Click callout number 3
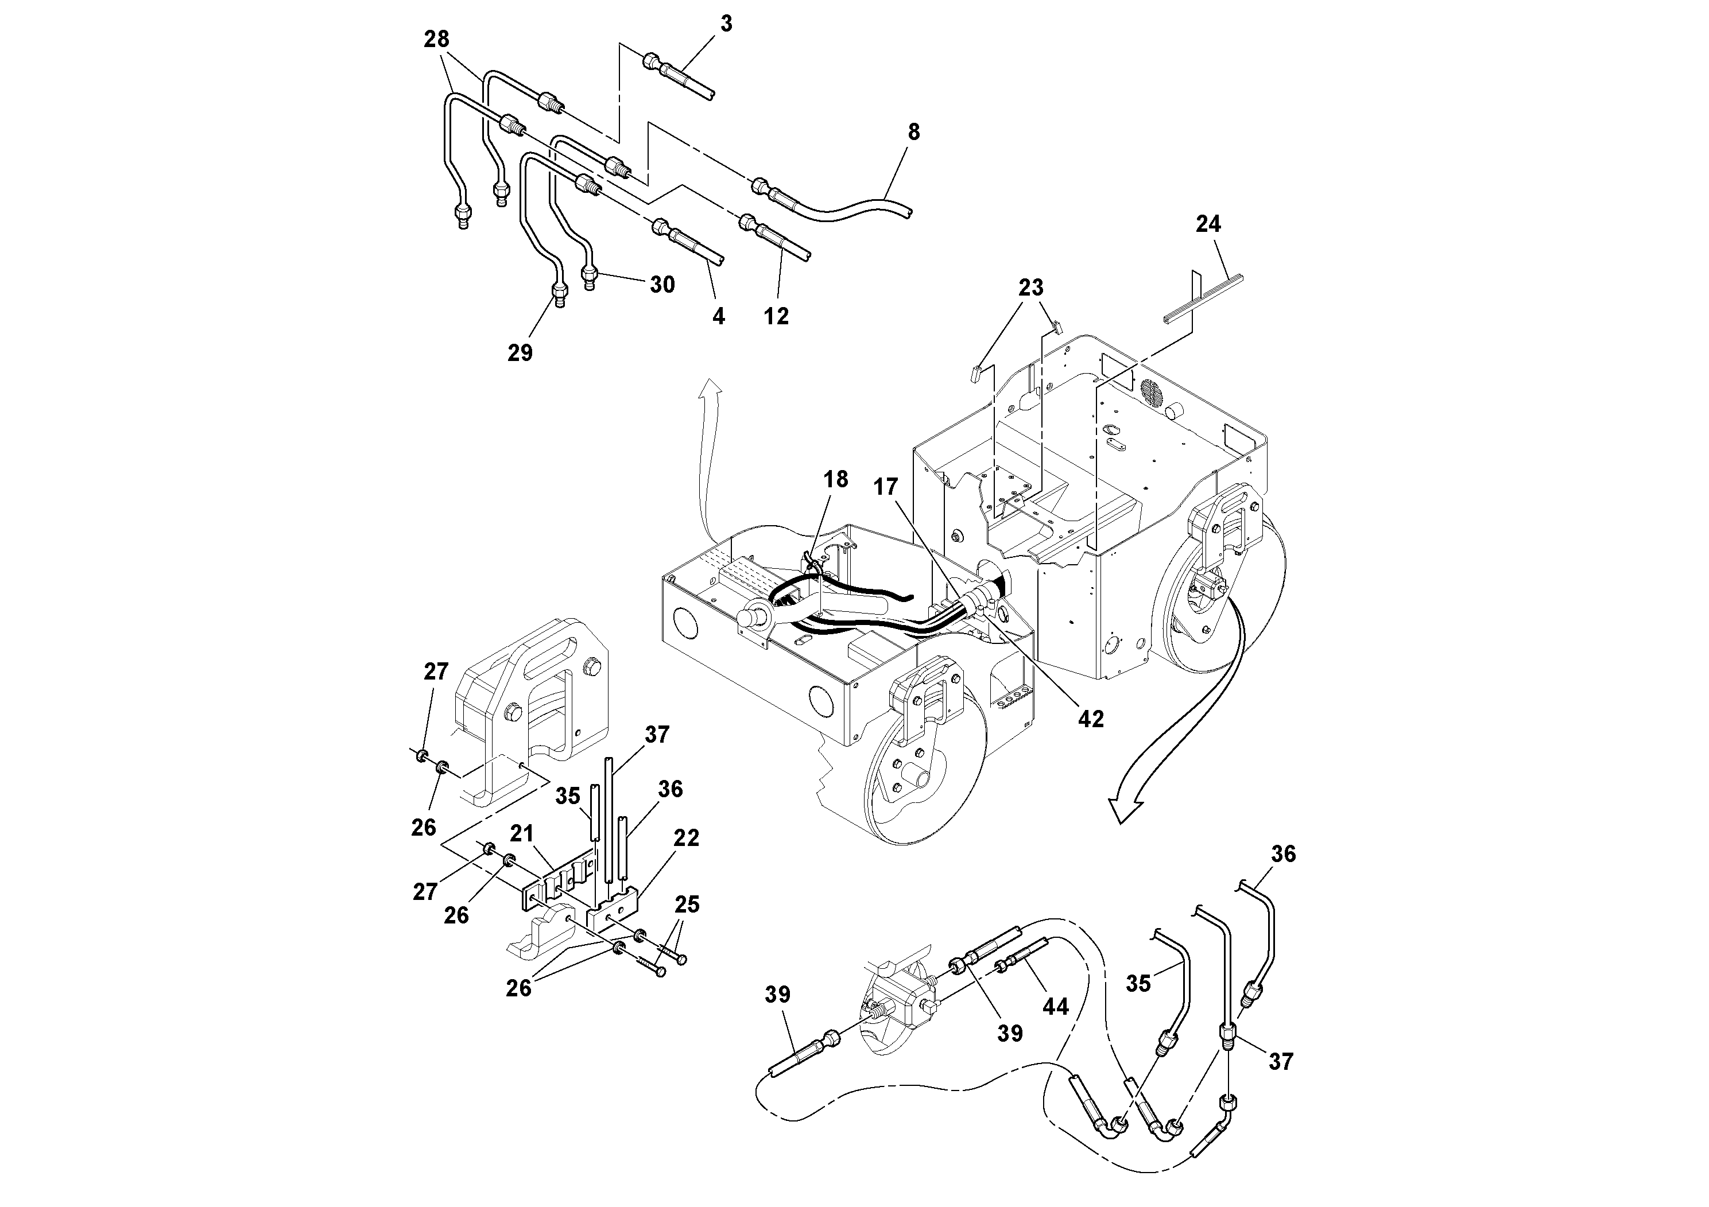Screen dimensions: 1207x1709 tap(726, 24)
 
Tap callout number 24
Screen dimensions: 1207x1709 tap(1208, 223)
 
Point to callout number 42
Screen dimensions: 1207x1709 tap(1091, 718)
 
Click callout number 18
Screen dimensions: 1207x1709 tap(836, 479)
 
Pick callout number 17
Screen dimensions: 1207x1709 tap(886, 487)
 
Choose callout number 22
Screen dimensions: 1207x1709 tap(685, 838)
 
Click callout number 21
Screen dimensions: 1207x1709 tap(522, 833)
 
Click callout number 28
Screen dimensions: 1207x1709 tap(437, 38)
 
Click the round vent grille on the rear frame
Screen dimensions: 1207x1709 tap(1152, 394)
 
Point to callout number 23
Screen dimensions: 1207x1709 tap(1031, 287)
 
